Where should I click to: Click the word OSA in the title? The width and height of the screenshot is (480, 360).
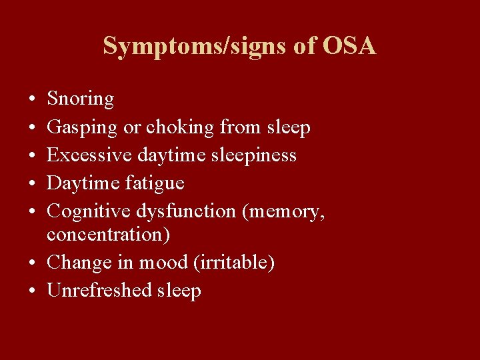[349, 46]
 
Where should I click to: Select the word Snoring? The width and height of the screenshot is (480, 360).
[81, 99]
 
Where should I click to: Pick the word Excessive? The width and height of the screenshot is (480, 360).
[89, 155]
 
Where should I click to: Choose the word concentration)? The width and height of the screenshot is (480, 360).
[109, 235]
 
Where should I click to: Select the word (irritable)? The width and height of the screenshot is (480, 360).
[233, 263]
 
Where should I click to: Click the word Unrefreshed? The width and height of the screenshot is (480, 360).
[100, 291]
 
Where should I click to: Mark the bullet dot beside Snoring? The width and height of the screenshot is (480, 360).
[33, 99]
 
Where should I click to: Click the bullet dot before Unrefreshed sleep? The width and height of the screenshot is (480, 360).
[33, 291]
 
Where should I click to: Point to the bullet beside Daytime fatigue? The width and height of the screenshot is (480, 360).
[33, 183]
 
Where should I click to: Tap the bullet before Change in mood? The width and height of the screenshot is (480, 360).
[33, 263]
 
